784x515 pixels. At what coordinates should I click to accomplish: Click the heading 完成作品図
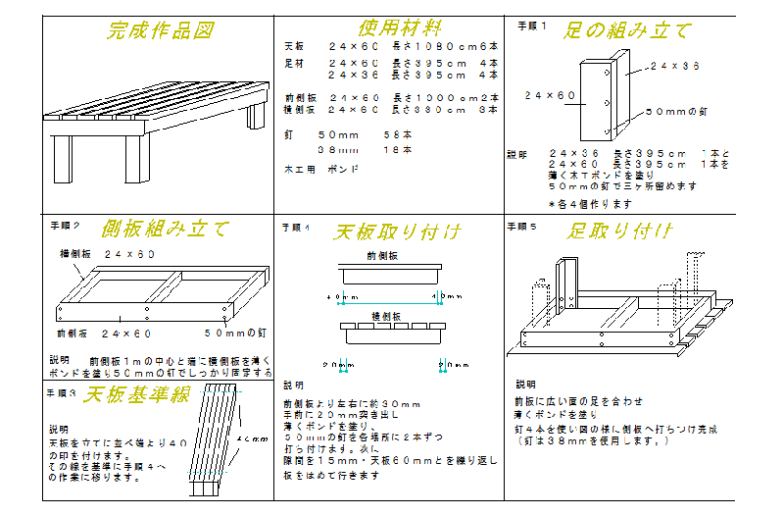[x=160, y=30]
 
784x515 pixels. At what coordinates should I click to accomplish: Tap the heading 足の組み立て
[x=627, y=30]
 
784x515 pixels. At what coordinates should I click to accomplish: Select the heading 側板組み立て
[x=165, y=229]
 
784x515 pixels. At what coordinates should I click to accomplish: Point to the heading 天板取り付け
[x=397, y=232]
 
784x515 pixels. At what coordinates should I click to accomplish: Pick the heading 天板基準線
[x=136, y=396]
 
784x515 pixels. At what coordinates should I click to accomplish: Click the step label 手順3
[x=61, y=392]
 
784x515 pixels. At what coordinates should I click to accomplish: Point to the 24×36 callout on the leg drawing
[x=674, y=67]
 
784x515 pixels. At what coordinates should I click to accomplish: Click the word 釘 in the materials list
[x=288, y=133]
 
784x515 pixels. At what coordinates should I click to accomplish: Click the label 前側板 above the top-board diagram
[x=382, y=255]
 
